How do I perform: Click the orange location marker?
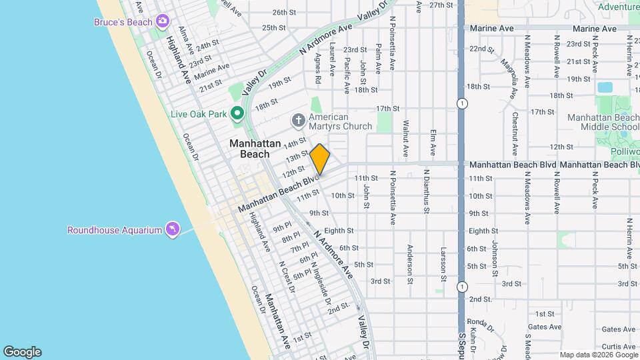click(x=320, y=159)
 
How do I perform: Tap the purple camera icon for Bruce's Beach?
click(x=162, y=22)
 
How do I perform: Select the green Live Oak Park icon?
click(x=237, y=114)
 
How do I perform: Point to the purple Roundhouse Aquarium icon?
click(x=173, y=229)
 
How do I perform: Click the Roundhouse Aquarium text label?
click(x=115, y=230)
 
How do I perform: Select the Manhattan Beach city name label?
click(x=249, y=149)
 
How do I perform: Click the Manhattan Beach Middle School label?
click(x=603, y=122)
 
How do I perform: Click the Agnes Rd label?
click(x=318, y=69)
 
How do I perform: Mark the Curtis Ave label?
click(x=619, y=346)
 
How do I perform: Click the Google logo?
click(x=22, y=352)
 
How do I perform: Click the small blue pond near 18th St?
click(x=605, y=87)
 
